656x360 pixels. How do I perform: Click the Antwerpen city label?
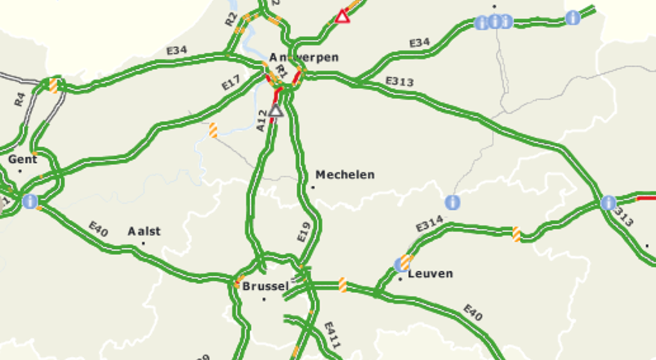click(304, 58)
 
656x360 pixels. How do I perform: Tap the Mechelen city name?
click(345, 175)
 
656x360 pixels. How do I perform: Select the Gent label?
click(23, 159)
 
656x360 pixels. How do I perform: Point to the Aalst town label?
click(144, 231)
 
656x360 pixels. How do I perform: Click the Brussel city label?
click(265, 287)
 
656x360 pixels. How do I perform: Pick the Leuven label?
click(430, 274)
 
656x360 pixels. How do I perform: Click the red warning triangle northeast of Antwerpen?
click(342, 17)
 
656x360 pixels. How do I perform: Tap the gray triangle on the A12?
click(276, 111)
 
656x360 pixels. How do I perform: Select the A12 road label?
click(261, 121)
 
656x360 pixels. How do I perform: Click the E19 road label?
click(304, 232)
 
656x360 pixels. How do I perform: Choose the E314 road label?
click(430, 223)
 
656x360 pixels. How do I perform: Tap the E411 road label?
click(332, 335)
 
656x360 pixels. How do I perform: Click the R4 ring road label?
click(19, 99)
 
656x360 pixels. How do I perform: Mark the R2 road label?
click(232, 19)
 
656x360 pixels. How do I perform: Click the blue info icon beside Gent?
click(30, 201)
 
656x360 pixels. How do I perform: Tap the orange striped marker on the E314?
click(516, 234)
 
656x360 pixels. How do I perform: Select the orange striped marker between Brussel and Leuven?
click(343, 285)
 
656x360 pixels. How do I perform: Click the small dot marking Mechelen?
click(313, 187)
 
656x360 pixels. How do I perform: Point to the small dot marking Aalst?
click(143, 244)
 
